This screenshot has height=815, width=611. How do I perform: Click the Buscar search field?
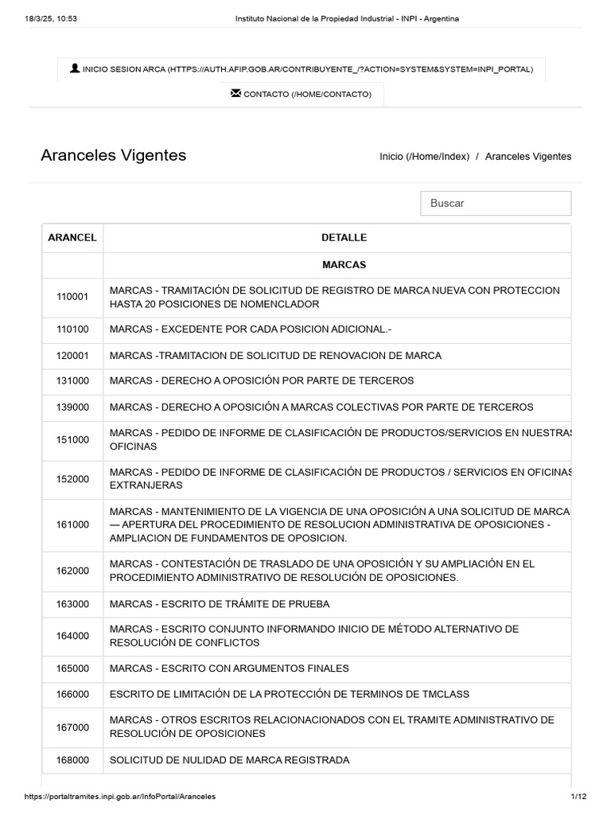496,203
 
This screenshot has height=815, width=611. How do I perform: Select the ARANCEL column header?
72,237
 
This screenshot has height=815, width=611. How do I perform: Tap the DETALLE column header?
344,237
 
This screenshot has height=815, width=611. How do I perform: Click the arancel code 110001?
72,297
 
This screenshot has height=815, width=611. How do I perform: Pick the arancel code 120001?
72,356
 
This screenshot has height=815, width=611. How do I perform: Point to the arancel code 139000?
72,407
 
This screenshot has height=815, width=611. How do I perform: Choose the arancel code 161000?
72,524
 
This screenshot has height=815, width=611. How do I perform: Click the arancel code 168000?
72,760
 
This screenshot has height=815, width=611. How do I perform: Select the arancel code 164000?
72,636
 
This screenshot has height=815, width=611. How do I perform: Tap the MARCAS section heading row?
344,264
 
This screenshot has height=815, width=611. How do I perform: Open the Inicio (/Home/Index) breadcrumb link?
424,157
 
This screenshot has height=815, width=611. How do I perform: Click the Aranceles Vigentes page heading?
114,155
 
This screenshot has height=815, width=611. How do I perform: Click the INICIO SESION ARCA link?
307,69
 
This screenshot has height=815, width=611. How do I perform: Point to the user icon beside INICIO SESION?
75,68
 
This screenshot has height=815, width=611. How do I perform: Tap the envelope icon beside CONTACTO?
235,93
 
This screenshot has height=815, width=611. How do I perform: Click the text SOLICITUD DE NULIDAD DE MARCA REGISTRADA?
229,760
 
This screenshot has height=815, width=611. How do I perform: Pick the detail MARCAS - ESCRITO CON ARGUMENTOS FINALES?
229,669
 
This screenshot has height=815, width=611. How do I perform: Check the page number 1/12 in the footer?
578,796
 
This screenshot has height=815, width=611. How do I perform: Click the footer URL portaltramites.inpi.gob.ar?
119,796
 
